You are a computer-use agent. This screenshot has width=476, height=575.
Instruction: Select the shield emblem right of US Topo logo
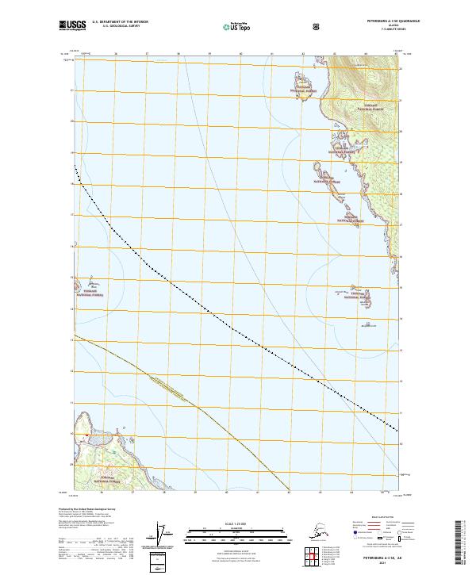pyautogui.click(x=317, y=26)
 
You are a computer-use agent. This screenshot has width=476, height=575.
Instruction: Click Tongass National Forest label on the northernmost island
pyautogui.click(x=305, y=90)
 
